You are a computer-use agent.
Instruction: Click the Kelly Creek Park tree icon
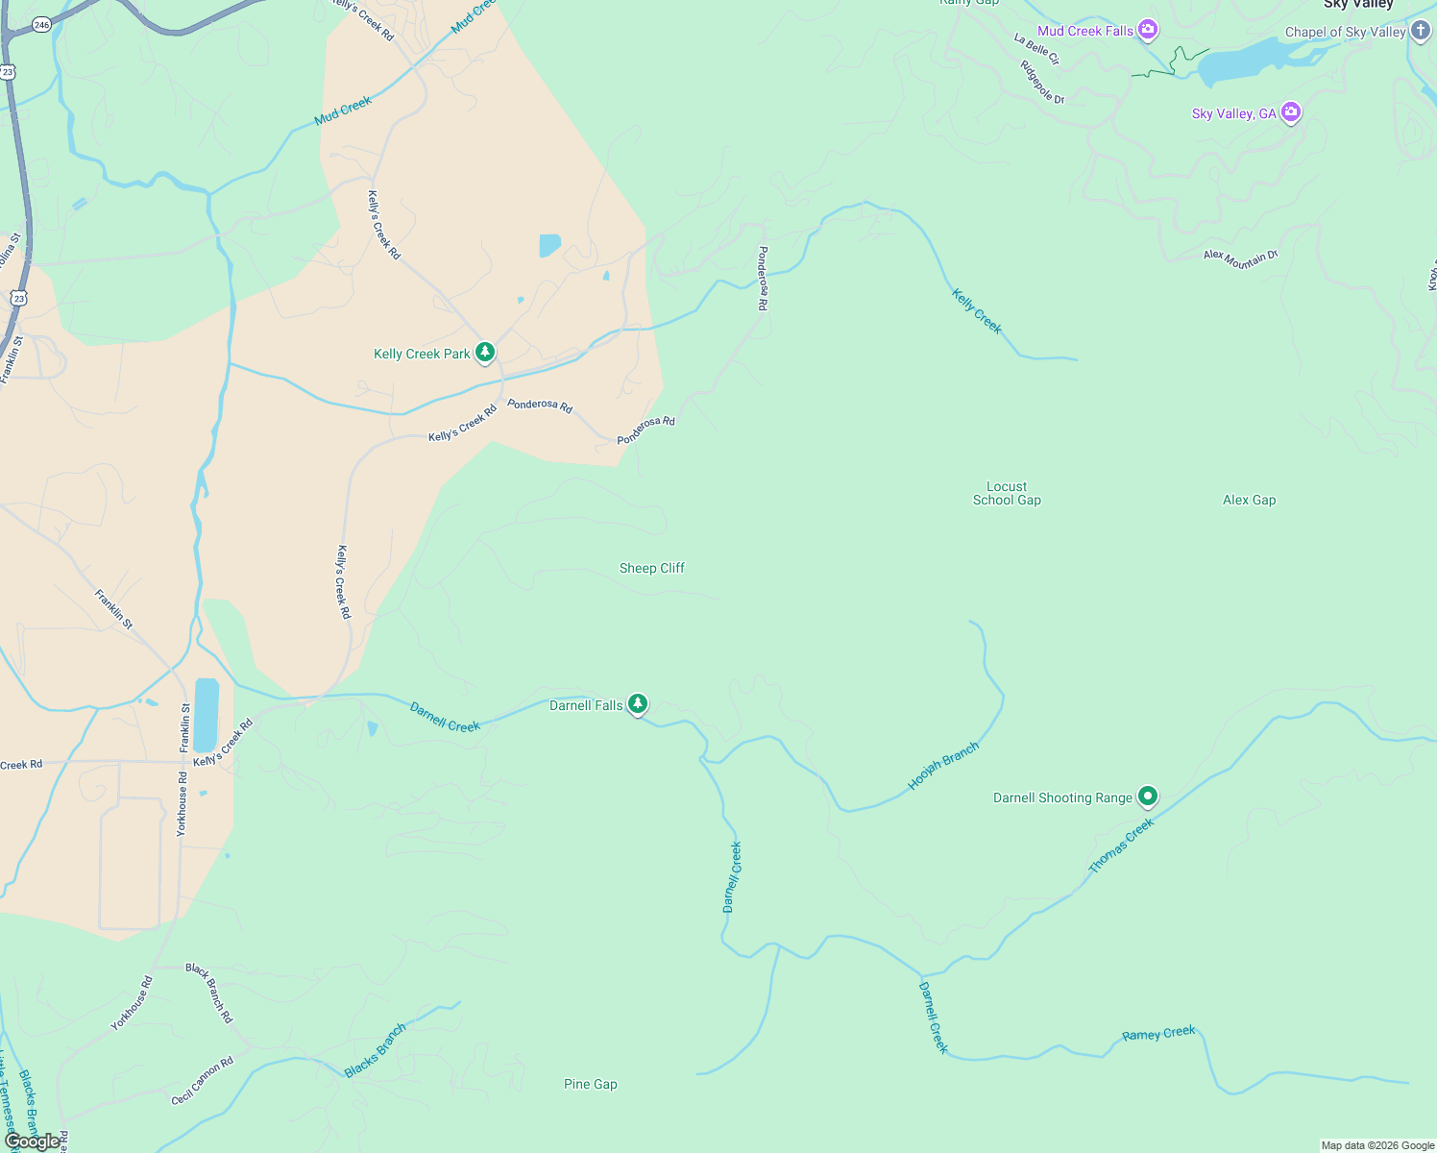[485, 353]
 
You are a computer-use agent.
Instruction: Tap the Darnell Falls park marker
[637, 704]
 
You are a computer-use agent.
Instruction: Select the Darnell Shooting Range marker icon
[1147, 796]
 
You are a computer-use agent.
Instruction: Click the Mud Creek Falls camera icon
[1147, 30]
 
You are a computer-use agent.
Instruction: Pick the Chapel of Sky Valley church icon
[1421, 31]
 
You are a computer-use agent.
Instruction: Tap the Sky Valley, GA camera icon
[1291, 112]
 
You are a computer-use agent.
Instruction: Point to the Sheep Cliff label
[652, 568]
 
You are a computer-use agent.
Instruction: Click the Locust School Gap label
[1007, 493]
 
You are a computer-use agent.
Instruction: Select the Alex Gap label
[1249, 500]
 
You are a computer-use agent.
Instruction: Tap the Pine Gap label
[591, 1084]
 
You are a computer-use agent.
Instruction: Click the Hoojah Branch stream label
[943, 766]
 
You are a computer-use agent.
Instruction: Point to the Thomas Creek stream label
[1121, 846]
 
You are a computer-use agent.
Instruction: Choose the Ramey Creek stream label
[1158, 1034]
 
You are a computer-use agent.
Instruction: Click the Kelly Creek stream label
[977, 311]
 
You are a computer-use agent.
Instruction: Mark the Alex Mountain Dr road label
[1241, 258]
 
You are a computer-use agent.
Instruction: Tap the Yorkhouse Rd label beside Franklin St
[182, 803]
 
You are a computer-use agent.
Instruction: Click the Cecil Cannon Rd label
[203, 1081]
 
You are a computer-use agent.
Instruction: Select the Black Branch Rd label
[209, 993]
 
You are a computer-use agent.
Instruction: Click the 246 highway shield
[41, 25]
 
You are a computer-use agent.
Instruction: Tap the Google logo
[32, 1141]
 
